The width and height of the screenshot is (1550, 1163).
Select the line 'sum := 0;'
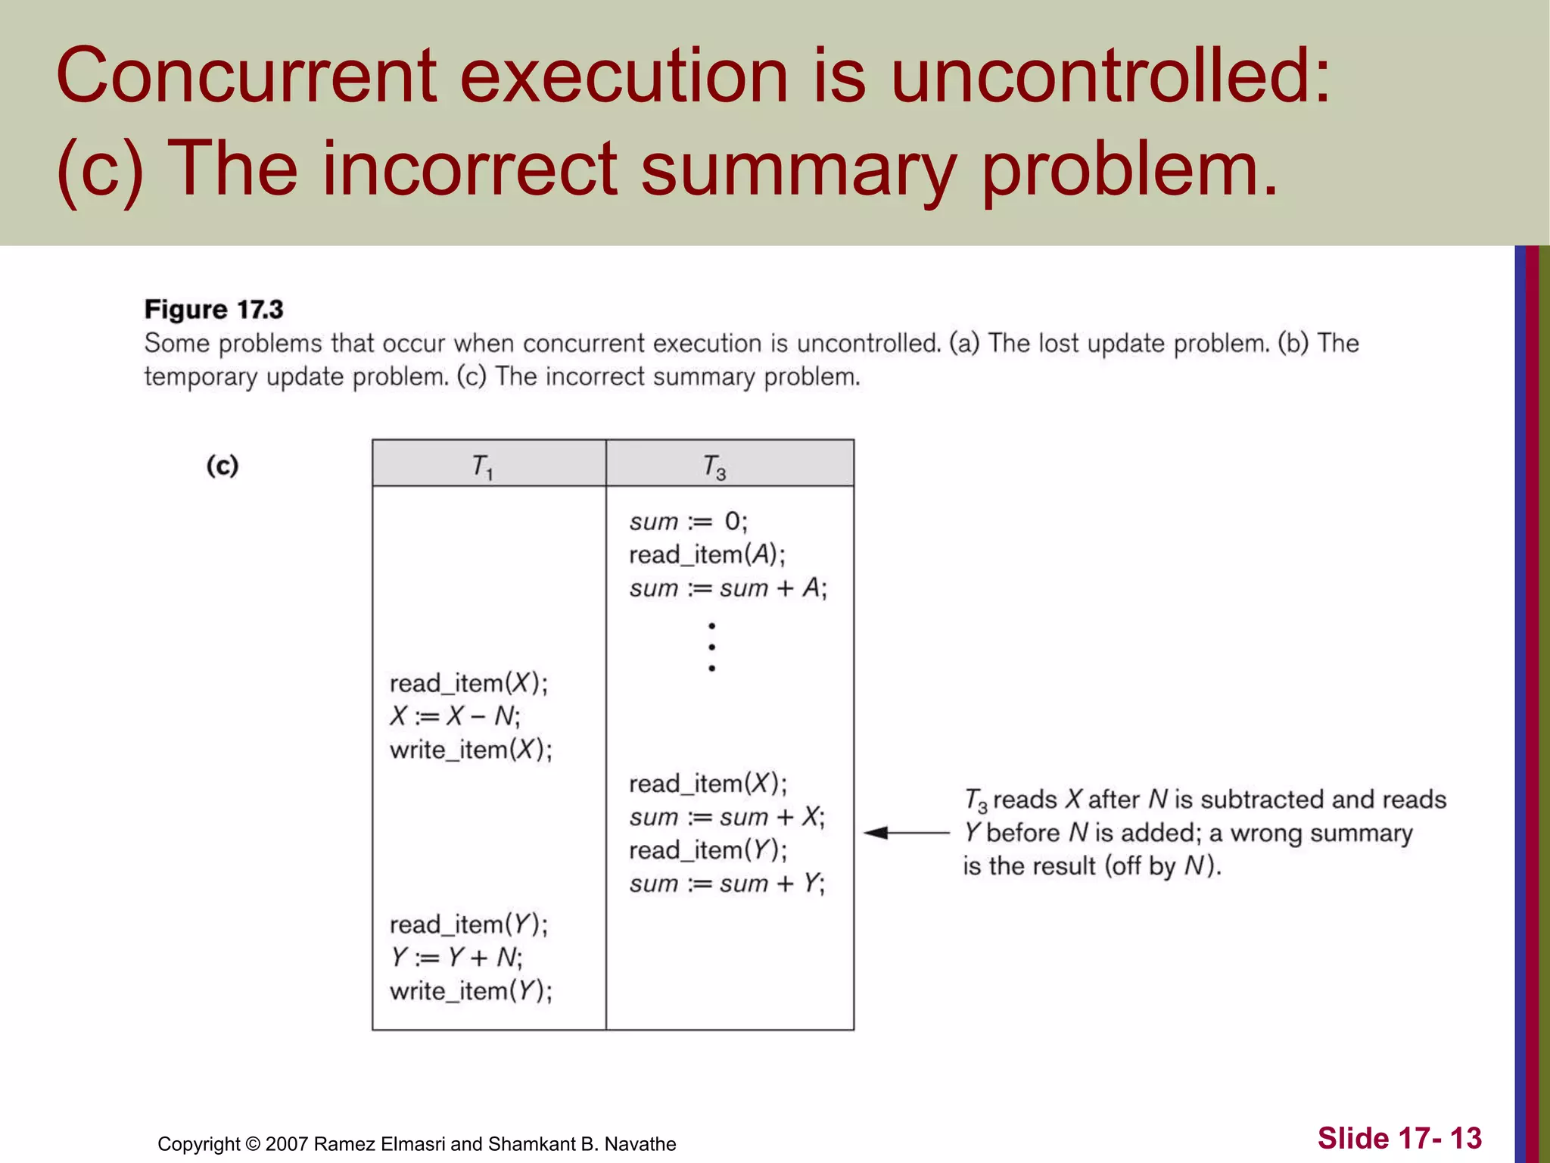[x=688, y=522]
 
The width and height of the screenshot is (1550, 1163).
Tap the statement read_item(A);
[x=707, y=555]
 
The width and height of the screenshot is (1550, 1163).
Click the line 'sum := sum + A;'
[x=728, y=588]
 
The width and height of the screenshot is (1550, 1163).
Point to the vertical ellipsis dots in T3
[x=712, y=647]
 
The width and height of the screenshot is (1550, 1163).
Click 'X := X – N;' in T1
[x=455, y=716]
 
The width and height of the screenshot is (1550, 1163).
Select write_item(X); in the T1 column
[x=471, y=750]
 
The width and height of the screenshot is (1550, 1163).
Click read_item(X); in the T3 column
[x=708, y=784]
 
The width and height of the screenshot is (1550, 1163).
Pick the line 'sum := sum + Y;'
[x=727, y=884]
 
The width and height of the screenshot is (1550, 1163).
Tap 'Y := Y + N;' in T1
[x=456, y=958]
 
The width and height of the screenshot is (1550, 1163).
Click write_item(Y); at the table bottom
[x=471, y=991]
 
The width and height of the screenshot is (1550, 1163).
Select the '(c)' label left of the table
[x=223, y=465]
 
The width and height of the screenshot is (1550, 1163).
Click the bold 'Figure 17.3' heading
[x=213, y=310]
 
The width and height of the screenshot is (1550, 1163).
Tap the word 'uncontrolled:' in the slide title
[x=1110, y=76]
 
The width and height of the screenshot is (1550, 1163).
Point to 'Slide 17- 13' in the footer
[x=1399, y=1138]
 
